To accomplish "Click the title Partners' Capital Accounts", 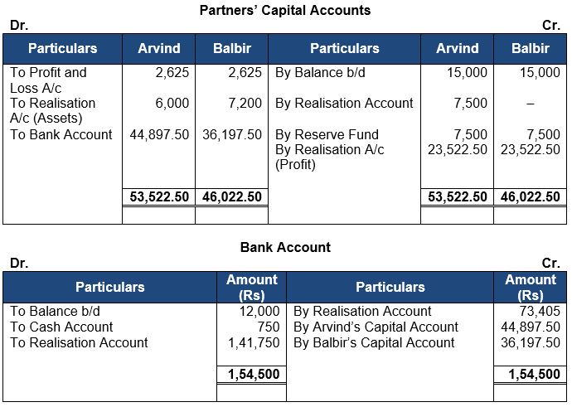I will tap(285, 11).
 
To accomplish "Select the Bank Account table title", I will tap(285, 247).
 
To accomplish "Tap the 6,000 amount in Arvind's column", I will tap(172, 103).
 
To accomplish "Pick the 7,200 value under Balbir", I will tap(245, 103).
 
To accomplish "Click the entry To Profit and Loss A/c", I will tap(48, 79).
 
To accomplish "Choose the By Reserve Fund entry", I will tap(327, 134).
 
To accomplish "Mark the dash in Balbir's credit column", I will tap(531, 104).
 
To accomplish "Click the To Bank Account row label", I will tap(61, 134).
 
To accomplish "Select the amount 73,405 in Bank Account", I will tap(540, 311).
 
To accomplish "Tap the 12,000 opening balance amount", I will tap(259, 311).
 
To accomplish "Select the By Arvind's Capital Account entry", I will tap(376, 327).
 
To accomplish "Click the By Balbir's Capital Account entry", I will tap(374, 342).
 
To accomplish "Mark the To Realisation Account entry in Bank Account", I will tap(79, 342).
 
